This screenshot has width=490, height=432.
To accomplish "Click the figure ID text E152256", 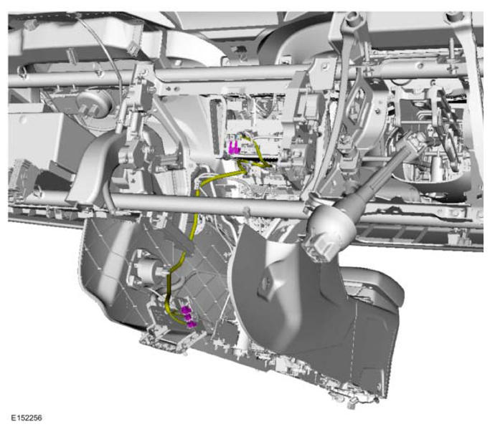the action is pos(27,418).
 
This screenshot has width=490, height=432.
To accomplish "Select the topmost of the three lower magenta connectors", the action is pos(187,309).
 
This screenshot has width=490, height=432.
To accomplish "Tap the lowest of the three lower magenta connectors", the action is pos(192,325).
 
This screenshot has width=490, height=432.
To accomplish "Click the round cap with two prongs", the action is pos(94,103).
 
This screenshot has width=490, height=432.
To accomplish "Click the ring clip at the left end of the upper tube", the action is pos(22,72).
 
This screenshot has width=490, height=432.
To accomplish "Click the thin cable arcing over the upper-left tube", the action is pos(103,50).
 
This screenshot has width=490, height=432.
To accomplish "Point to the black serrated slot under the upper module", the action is pos(266,159).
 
